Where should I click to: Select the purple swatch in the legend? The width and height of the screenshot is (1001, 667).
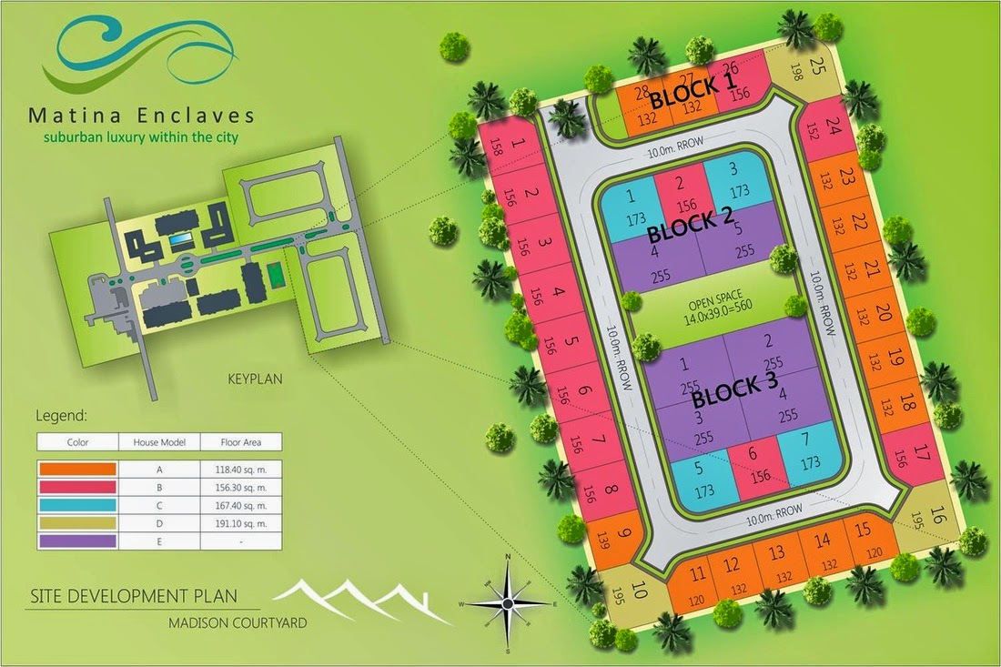77,541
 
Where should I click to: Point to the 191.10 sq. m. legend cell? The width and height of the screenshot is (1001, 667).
241,523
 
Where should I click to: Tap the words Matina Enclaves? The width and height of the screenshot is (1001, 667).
141,116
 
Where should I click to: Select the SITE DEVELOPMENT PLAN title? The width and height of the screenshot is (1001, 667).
133,597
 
